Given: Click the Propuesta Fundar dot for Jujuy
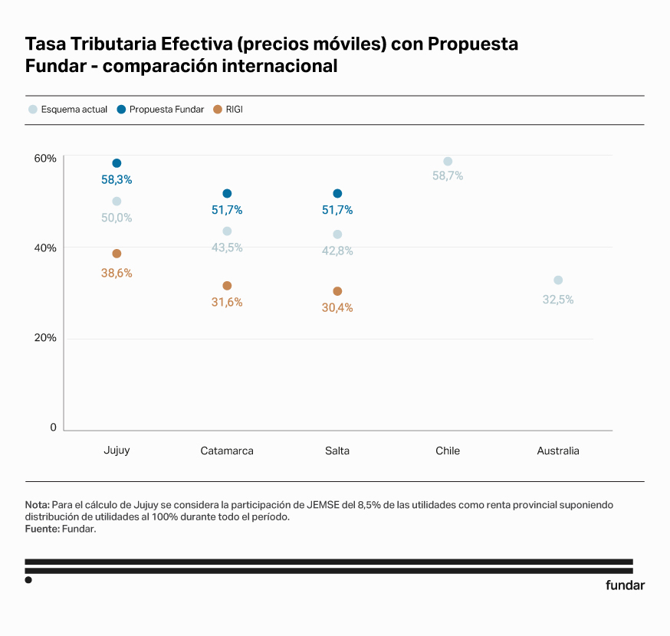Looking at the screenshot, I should (x=117, y=163).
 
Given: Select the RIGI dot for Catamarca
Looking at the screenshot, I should (x=227, y=286).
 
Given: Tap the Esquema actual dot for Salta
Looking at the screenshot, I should (x=337, y=234).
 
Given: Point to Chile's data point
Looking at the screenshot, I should (x=448, y=162).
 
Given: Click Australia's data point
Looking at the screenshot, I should (x=558, y=280).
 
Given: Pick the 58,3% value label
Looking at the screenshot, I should (x=117, y=180).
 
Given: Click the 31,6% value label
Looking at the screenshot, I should (x=227, y=303).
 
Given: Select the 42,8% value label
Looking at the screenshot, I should (x=337, y=251).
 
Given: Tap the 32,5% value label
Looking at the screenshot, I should (x=558, y=300).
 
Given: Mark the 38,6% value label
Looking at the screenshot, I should (x=117, y=273).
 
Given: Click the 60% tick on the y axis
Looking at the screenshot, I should (x=45, y=159).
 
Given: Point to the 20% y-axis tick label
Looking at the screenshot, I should (x=45, y=338).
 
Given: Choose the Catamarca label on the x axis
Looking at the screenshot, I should (x=227, y=451).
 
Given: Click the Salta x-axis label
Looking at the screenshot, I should (x=337, y=451).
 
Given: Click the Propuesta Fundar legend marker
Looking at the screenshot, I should (x=121, y=110).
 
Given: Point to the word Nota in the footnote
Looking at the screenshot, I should (x=37, y=505).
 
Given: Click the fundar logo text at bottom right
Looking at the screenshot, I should (x=625, y=585).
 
